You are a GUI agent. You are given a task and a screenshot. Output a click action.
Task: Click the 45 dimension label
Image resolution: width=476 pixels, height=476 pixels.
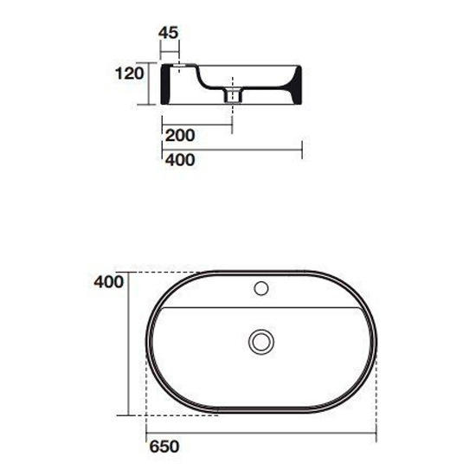point(169,33)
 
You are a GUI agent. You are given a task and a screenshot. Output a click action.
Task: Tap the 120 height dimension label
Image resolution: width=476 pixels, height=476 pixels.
point(130,74)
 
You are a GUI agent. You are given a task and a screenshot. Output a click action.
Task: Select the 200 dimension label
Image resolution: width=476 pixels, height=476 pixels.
point(180,135)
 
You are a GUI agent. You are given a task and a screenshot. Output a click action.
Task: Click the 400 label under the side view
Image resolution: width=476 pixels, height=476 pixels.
point(180,160)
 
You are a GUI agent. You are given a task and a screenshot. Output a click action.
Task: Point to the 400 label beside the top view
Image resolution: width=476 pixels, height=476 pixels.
point(109,282)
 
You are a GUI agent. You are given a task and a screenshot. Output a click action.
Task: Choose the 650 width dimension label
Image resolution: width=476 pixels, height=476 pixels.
point(164,447)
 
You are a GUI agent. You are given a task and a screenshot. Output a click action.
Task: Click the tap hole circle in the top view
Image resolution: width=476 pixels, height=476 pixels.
point(261,288)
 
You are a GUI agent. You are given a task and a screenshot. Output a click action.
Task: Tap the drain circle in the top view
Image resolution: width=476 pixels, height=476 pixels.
point(261,342)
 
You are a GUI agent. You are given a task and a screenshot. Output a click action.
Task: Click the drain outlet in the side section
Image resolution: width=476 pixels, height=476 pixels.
point(233,95)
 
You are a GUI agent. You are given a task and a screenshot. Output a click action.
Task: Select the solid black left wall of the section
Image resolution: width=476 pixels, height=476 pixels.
point(165,85)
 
